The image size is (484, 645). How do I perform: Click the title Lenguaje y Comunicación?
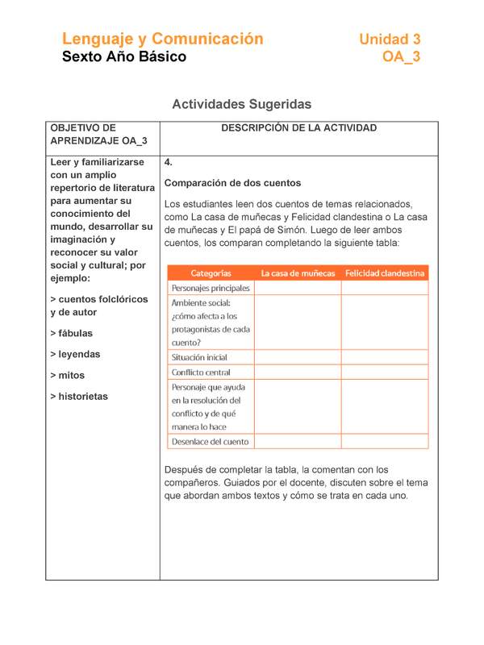pos(163,39)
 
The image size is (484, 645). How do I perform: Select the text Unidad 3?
pos(390,39)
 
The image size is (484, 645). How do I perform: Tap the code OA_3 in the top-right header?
pos(401,56)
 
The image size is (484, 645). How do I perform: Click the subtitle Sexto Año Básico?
pos(124,56)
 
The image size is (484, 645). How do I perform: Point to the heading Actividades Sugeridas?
pos(242,104)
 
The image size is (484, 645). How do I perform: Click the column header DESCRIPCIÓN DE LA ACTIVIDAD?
pos(298,128)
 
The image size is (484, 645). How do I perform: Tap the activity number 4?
pos(168,162)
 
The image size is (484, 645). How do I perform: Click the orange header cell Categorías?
pos(211,273)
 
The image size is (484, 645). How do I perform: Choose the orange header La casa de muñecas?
pos(297,273)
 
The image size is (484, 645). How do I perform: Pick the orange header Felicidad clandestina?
pos(385,273)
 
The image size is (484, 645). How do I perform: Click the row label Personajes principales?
pos(211,288)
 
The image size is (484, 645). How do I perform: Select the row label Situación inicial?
pos(199,357)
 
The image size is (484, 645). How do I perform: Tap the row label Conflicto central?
pos(201,372)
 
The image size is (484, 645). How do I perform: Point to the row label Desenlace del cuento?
pos(210,442)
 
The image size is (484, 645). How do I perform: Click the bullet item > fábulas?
pos(71,333)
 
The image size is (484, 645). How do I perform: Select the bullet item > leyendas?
pos(75,354)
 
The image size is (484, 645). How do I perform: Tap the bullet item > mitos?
pos(67,376)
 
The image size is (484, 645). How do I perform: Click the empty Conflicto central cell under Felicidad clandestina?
pos(385,372)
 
